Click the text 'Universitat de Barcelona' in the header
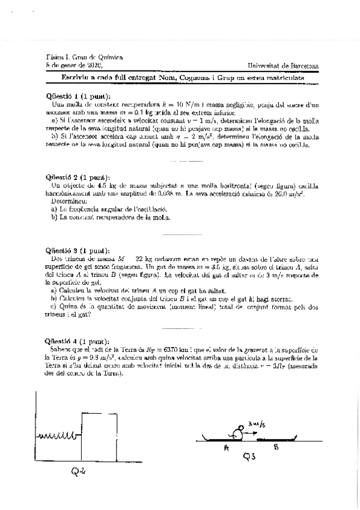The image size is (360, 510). pos(283,65)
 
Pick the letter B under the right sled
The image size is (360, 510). pos(276,447)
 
